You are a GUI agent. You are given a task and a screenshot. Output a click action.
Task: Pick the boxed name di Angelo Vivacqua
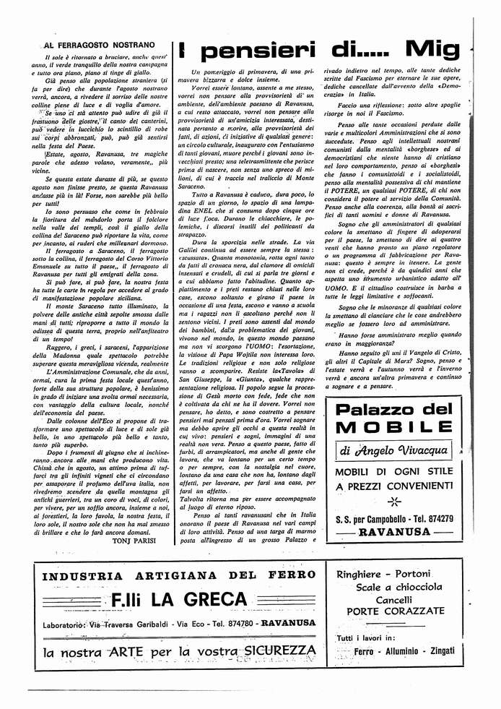[394, 451]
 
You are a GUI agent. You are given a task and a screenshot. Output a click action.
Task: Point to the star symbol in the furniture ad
[393, 501]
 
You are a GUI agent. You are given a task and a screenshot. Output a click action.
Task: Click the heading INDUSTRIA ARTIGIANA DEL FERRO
[179, 575]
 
